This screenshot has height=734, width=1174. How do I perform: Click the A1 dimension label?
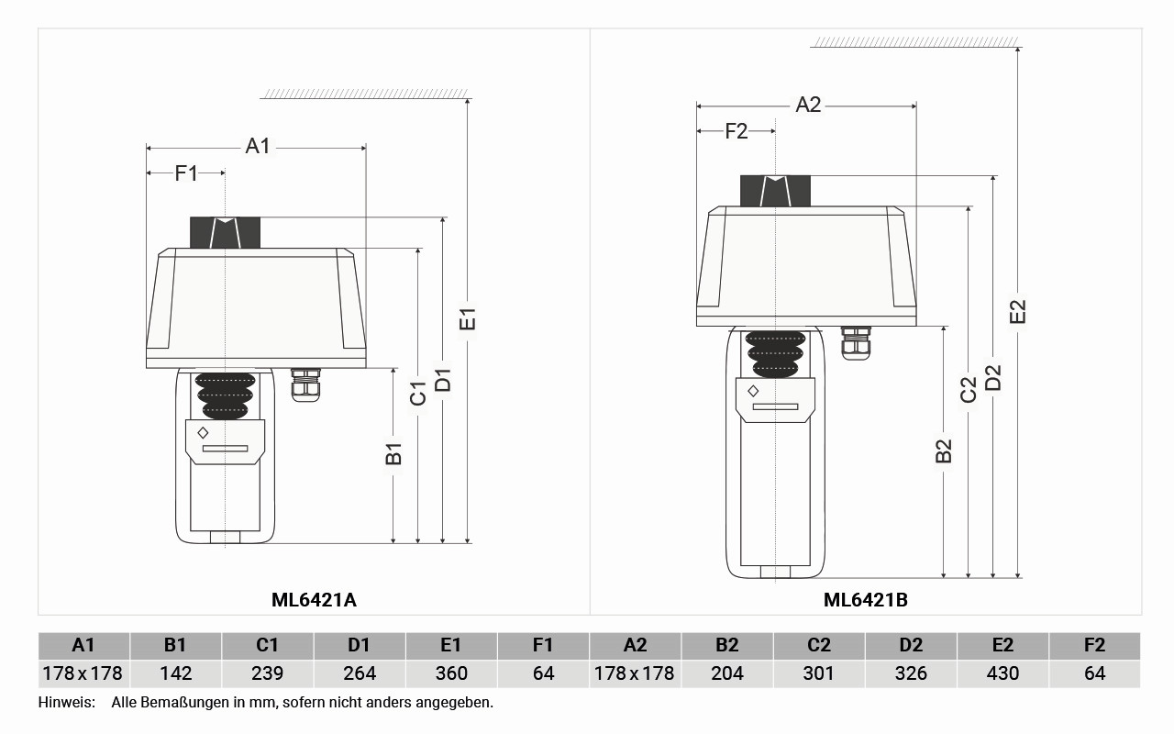pos(258,146)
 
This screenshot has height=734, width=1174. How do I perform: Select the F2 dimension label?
pos(736,131)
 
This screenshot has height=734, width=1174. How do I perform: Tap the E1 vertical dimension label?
pos(467,319)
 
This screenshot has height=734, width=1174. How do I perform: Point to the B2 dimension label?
pos(944,450)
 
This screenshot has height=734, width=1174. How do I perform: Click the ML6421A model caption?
pos(314,600)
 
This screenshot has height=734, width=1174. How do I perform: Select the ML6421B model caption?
pos(865,600)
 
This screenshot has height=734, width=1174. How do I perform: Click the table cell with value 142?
pos(175,673)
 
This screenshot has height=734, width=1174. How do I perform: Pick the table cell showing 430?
pos(1002,673)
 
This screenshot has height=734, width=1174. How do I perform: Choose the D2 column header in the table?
pos(911,645)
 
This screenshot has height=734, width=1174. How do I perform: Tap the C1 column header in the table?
pos(267,645)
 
